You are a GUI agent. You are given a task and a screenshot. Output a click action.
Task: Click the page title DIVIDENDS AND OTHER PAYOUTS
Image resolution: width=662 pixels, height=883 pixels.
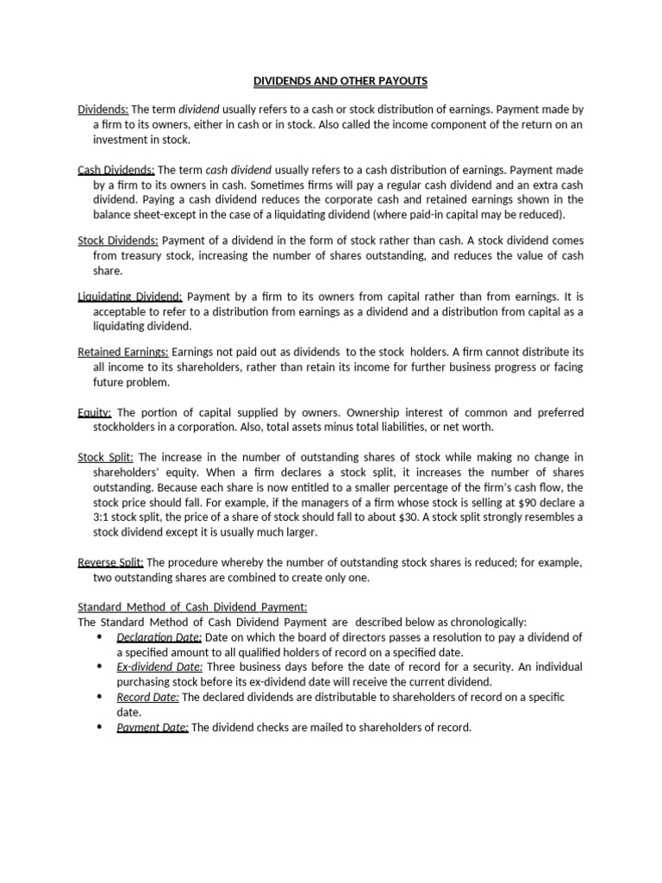340,81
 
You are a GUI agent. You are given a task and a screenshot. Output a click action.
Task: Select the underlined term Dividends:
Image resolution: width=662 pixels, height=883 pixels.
103,110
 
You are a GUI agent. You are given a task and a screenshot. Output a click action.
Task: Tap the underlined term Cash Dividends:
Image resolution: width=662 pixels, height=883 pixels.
116,170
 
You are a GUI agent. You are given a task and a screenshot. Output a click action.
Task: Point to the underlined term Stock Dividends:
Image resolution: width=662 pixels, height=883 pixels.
117,241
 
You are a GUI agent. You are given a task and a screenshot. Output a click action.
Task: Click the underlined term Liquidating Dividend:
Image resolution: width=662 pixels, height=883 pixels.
129,297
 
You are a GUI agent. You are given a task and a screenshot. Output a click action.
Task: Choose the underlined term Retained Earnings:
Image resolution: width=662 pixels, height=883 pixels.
123,353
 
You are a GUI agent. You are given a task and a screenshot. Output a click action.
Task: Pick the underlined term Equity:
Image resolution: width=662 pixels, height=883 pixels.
95,412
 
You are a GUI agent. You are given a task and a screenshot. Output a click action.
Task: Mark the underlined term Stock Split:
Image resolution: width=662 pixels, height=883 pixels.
105,457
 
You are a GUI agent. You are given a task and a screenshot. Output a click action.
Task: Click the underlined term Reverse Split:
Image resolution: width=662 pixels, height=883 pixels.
110,562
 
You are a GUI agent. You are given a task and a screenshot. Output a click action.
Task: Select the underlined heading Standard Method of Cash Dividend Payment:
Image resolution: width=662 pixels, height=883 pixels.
192,606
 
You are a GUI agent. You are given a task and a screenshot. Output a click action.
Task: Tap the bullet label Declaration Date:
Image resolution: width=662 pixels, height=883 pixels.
159,637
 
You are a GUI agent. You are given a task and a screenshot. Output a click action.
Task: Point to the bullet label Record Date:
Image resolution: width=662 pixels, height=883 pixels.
147,697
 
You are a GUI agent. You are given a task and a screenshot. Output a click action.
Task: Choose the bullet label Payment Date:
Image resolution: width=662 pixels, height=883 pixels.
153,727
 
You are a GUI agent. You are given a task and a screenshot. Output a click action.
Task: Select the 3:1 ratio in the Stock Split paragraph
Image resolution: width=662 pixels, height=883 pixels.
104,517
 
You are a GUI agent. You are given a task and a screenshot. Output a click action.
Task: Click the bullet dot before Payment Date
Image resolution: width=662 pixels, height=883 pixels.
99,726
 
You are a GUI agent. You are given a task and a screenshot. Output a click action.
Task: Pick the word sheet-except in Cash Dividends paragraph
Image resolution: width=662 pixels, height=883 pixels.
175,214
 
